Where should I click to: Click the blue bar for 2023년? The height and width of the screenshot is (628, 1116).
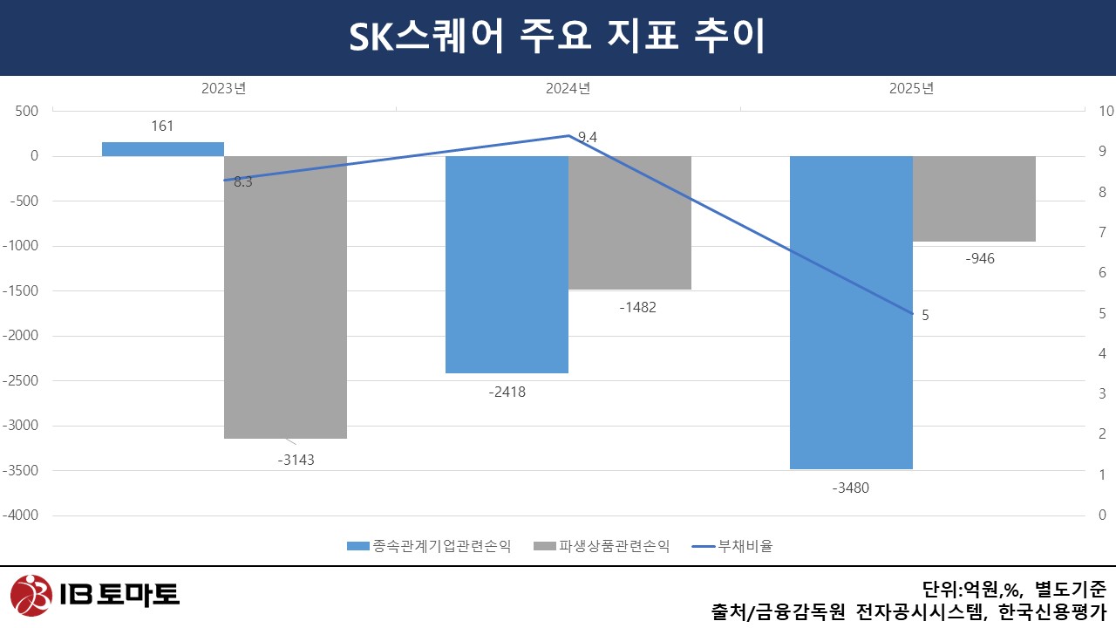[x=163, y=149]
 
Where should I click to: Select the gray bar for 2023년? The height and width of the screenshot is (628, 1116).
[x=286, y=297]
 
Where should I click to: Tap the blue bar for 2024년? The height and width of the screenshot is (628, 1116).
[x=507, y=264]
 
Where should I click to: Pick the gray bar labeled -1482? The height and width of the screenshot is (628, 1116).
[x=629, y=222]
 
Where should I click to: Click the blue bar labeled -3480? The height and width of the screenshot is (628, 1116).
[x=851, y=312]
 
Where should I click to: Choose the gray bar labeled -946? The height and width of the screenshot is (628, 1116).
[x=974, y=199]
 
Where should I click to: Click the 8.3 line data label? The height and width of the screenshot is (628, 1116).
[x=243, y=182]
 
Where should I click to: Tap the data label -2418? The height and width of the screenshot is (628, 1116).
[x=507, y=392]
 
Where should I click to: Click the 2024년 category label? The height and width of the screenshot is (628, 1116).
[x=568, y=88]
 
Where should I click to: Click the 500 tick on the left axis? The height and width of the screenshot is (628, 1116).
[x=28, y=111]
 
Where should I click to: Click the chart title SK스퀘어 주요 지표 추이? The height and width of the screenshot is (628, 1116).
[x=557, y=38]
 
